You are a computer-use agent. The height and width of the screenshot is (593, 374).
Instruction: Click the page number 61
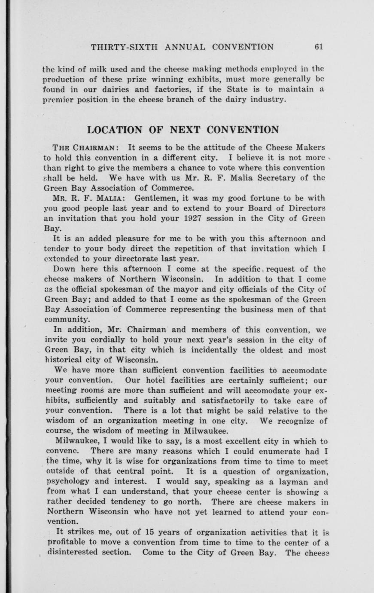(318, 47)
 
